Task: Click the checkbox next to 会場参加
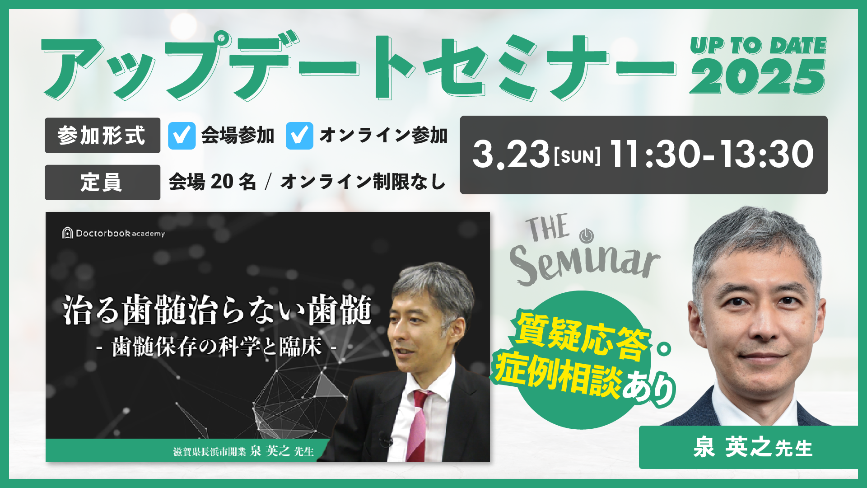click(x=182, y=136)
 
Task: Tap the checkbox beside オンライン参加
click(x=299, y=136)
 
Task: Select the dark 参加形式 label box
click(x=103, y=136)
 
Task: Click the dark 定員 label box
click(x=103, y=183)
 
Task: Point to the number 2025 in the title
click(x=758, y=77)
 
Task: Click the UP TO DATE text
click(x=759, y=46)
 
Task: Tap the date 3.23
click(x=511, y=155)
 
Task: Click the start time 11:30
click(x=654, y=155)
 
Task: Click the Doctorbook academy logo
click(x=113, y=233)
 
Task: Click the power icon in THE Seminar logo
click(x=586, y=235)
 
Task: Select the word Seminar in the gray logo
click(x=585, y=265)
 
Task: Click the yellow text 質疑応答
click(x=583, y=337)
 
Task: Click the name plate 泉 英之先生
click(x=753, y=447)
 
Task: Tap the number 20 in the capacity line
click(x=222, y=182)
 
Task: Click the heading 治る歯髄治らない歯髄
click(x=217, y=310)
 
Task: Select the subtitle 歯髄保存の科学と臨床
click(x=217, y=347)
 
